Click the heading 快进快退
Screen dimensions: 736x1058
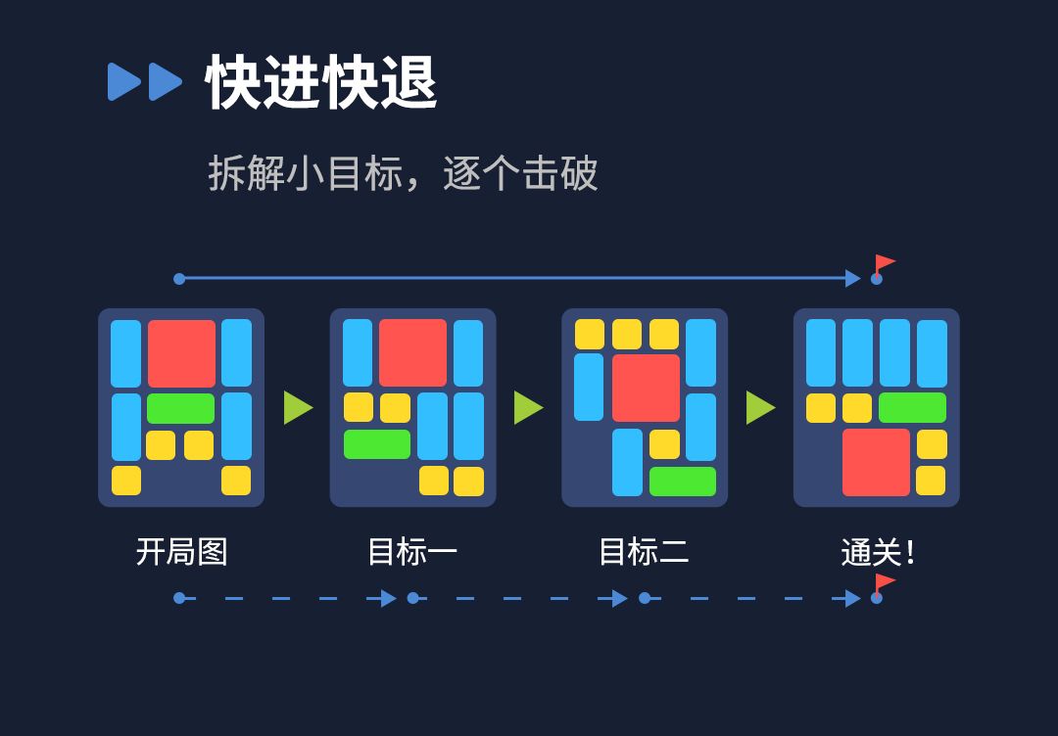[x=321, y=83]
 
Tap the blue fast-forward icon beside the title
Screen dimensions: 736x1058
[x=145, y=82]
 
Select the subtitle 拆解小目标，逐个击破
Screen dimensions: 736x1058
[x=403, y=174]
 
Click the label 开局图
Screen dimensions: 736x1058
[x=181, y=552]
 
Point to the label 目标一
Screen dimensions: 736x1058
[x=412, y=552]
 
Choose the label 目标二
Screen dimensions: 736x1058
[x=644, y=552]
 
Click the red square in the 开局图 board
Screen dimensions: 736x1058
[x=181, y=353]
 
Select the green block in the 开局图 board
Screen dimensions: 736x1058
[x=180, y=408]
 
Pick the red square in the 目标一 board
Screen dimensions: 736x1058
[x=412, y=352]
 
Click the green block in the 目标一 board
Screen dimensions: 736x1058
[x=377, y=444]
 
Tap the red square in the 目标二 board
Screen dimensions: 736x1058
[x=646, y=388]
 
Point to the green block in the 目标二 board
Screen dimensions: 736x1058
[x=683, y=482]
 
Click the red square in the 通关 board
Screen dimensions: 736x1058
[x=876, y=462]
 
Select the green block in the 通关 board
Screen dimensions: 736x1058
[x=912, y=407]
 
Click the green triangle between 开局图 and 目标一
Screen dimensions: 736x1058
[x=297, y=407]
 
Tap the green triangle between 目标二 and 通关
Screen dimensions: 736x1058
[x=759, y=407]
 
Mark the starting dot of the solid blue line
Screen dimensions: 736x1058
[x=179, y=279]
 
